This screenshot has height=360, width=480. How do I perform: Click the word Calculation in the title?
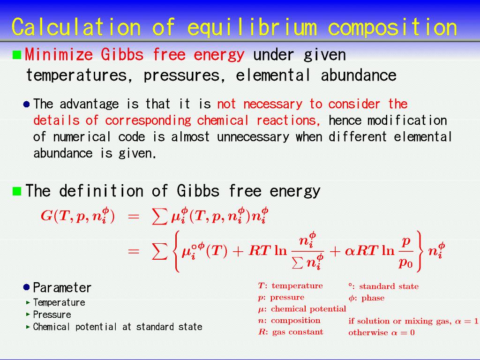click(x=76, y=27)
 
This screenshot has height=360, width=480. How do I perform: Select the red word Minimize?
click(x=59, y=54)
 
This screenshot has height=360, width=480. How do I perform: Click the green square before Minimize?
click(x=17, y=55)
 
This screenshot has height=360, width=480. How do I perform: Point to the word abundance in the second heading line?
click(x=359, y=75)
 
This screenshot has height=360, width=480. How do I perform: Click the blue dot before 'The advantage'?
click(x=27, y=105)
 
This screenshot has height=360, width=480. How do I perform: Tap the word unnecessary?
click(x=253, y=137)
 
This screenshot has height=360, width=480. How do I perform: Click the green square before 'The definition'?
click(x=17, y=191)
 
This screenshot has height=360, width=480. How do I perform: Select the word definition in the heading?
click(x=101, y=190)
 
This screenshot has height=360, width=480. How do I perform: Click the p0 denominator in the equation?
click(x=405, y=262)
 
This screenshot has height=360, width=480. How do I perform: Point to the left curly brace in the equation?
click(x=177, y=251)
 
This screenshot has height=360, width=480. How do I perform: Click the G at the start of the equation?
click(x=46, y=216)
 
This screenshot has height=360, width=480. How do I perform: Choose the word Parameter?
click(x=62, y=287)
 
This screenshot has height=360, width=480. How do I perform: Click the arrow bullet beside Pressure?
click(x=28, y=315)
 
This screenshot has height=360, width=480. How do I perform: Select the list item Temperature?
click(x=59, y=302)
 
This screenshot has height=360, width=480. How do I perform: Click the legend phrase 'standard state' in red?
click(x=389, y=286)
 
